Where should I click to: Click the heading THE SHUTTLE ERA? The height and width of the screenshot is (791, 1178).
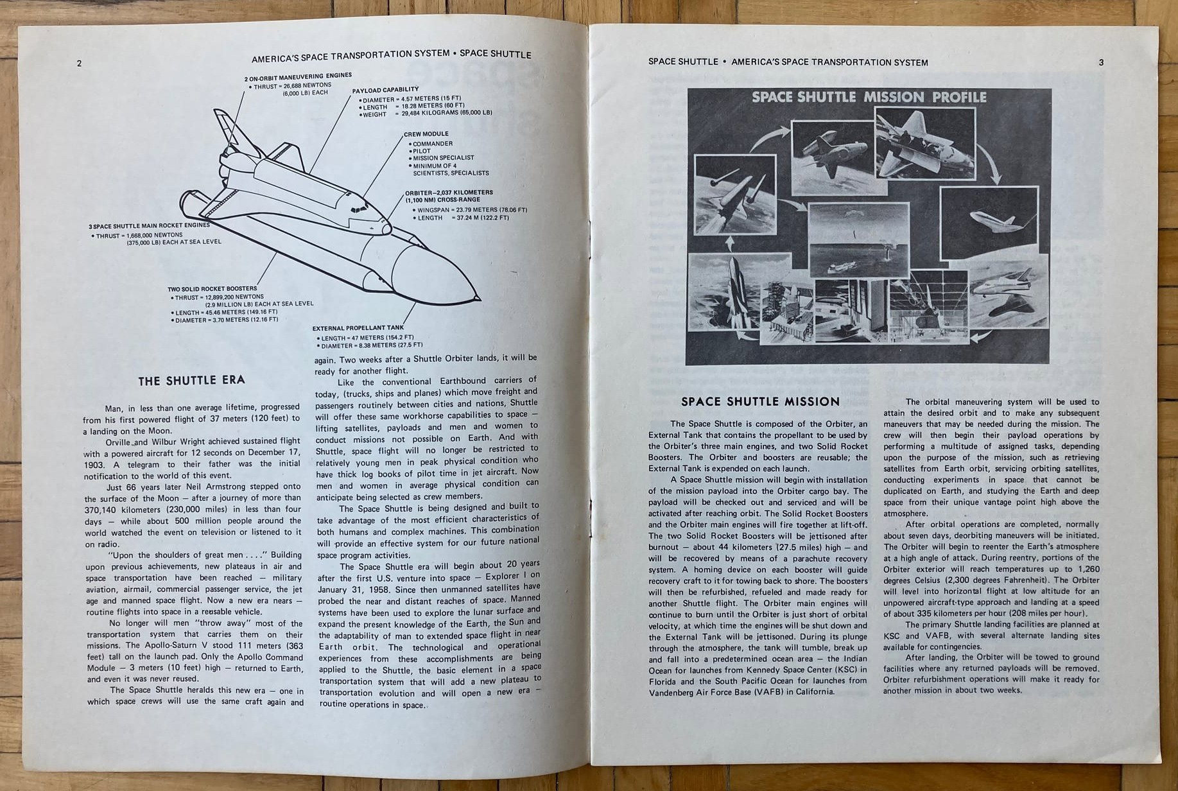[191, 380]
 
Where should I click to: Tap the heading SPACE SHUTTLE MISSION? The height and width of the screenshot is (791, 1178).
[760, 402]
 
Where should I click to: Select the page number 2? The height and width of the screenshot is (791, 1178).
[79, 63]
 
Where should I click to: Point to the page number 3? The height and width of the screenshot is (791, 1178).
[1101, 62]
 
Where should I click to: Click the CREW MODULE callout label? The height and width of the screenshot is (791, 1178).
[426, 134]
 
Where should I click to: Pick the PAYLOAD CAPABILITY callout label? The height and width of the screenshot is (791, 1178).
[385, 90]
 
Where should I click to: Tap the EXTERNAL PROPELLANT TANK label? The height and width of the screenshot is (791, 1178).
[358, 328]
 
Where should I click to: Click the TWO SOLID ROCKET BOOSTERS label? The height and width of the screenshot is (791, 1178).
[212, 289]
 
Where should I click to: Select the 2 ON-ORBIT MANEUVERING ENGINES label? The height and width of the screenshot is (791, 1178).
[298, 76]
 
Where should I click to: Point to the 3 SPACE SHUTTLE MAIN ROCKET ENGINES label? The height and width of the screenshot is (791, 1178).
[149, 226]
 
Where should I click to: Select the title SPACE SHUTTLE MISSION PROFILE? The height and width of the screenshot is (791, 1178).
[869, 98]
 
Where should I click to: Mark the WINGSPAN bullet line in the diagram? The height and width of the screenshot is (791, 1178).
[472, 210]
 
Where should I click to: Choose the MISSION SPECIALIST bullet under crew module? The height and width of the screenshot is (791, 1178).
[443, 158]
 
